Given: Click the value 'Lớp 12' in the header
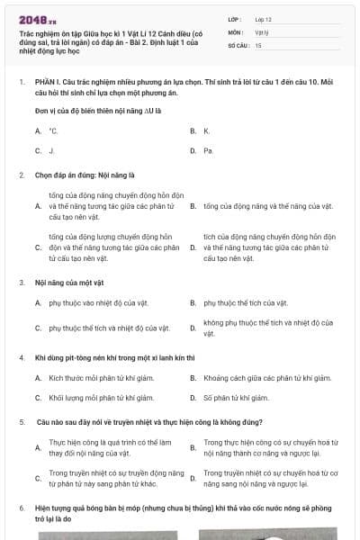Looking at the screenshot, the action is [264, 18].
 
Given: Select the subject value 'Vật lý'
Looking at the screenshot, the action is [262, 31].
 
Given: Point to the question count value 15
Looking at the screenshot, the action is [258, 45].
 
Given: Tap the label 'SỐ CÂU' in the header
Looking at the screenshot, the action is [238, 45].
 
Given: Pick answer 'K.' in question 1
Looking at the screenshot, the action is [206, 130].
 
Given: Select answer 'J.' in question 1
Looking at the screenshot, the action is [52, 150].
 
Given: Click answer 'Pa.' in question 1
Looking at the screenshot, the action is [208, 150].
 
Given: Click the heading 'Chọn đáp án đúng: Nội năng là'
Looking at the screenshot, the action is [85, 175].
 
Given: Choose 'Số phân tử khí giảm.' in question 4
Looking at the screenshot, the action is [236, 397].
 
